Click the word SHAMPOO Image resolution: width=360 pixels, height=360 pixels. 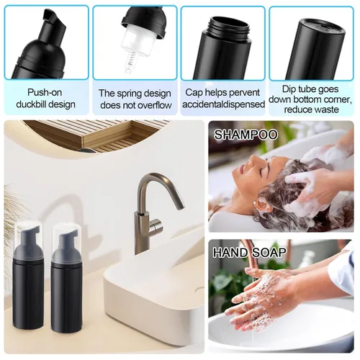pos(246,135)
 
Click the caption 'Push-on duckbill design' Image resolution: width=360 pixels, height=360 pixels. pos(50,98)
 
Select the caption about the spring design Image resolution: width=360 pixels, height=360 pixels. pos(135,99)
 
